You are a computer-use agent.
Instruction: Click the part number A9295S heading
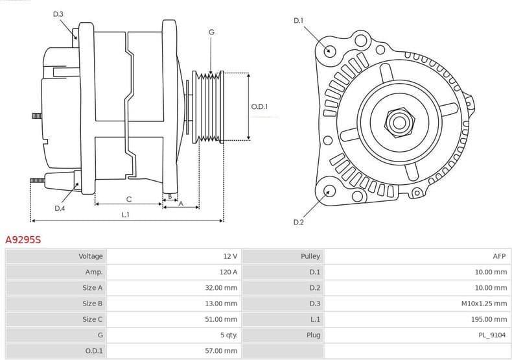(23, 240)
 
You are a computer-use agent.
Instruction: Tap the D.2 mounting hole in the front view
(329, 191)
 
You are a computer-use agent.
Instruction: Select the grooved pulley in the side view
(209, 106)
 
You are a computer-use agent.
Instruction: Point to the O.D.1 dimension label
(259, 107)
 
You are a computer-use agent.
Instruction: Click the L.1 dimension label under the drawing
(125, 214)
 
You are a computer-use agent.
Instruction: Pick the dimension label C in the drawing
(129, 198)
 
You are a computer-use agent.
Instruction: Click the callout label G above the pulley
(211, 32)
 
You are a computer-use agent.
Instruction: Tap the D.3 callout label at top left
(58, 14)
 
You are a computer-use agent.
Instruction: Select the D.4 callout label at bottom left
(60, 208)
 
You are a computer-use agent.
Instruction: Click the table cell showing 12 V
(230, 256)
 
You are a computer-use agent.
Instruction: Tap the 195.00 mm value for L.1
(490, 319)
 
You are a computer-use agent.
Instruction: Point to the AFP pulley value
(498, 256)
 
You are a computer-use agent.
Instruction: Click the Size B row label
(92, 304)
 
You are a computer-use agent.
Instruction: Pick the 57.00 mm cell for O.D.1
(222, 351)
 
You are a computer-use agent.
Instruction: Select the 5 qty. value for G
(228, 335)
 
